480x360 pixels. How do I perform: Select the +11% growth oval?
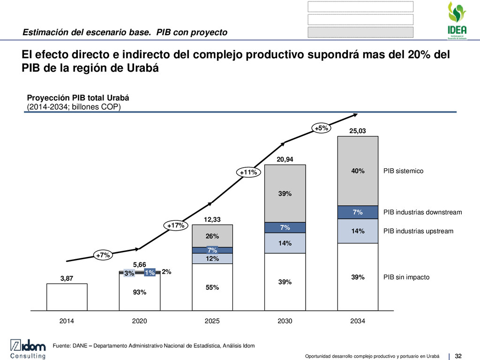pyautogui.click(x=248, y=172)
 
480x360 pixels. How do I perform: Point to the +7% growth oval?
pyautogui.click(x=103, y=255)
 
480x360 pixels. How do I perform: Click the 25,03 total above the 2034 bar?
pyautogui.click(x=358, y=132)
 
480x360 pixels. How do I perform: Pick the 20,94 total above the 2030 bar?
pyautogui.click(x=285, y=159)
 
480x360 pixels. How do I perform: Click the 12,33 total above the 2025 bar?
pyautogui.click(x=212, y=219)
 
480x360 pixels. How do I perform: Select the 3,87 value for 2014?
pyautogui.click(x=67, y=278)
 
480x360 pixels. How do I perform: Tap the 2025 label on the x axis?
pyautogui.click(x=212, y=322)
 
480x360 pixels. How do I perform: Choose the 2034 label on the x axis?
pyautogui.click(x=358, y=322)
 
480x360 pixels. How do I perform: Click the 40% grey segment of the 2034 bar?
pyautogui.click(x=358, y=171)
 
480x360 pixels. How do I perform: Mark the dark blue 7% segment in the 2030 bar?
pyautogui.click(x=285, y=228)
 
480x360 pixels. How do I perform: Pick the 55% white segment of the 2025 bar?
pyautogui.click(x=212, y=287)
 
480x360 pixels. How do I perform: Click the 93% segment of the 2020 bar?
pyautogui.click(x=140, y=292)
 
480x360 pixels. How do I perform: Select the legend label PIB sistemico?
pyautogui.click(x=403, y=171)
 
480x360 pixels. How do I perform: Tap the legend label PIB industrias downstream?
pyautogui.click(x=422, y=212)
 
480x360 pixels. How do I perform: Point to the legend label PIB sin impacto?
pyautogui.click(x=406, y=277)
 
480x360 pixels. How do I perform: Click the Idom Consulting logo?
pyautogui.click(x=29, y=350)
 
